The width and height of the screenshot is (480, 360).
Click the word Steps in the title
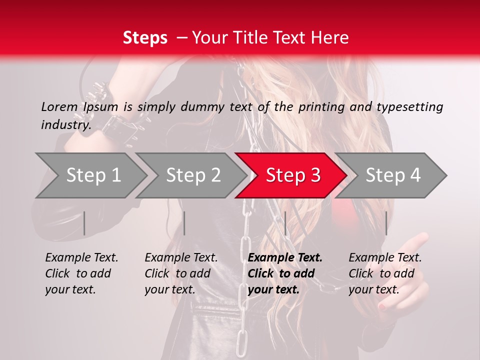tap(145, 38)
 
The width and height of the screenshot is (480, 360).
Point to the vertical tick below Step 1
tap(84, 223)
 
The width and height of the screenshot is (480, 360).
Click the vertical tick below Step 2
tap(184, 223)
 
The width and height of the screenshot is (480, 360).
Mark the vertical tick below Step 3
tap(285, 223)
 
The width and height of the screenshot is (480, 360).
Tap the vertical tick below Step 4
tap(386, 223)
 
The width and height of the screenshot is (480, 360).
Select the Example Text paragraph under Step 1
tap(81, 273)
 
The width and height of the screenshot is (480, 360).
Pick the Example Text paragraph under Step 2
tap(181, 273)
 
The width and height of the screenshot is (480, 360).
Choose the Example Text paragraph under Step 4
tap(385, 273)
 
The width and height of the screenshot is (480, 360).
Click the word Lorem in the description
tap(59, 106)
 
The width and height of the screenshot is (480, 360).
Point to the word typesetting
tap(409, 107)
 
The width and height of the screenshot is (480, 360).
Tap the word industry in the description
tap(65, 124)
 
